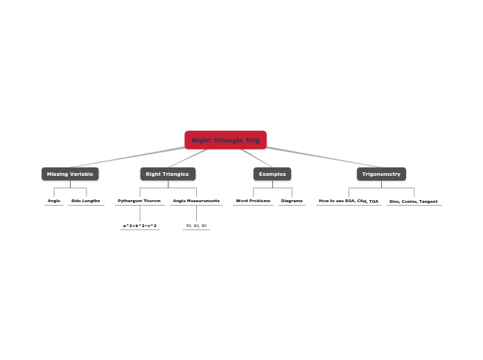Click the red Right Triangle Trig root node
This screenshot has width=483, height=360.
(225, 140)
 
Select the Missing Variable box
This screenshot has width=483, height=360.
(70, 174)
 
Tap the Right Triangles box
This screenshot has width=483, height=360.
(167, 174)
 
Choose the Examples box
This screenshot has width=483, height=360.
(272, 174)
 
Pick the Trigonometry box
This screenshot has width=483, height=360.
(381, 174)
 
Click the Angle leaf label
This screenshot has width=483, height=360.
(54, 201)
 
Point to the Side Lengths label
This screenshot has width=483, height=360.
(85, 201)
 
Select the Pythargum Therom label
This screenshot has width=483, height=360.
(139, 201)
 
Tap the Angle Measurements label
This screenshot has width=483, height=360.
(196, 201)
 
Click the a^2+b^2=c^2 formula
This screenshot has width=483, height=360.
(140, 226)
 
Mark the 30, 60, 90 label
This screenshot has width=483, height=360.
(196, 226)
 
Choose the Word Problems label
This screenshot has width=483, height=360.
(253, 201)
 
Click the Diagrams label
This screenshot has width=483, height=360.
(292, 201)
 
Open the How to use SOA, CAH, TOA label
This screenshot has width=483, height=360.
(349, 201)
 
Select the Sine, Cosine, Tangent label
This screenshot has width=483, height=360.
(414, 201)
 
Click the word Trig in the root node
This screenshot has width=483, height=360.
(252, 140)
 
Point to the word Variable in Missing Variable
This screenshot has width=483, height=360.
(80, 174)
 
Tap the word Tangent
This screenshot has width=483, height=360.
(428, 201)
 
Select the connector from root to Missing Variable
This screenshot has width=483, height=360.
(125, 158)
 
